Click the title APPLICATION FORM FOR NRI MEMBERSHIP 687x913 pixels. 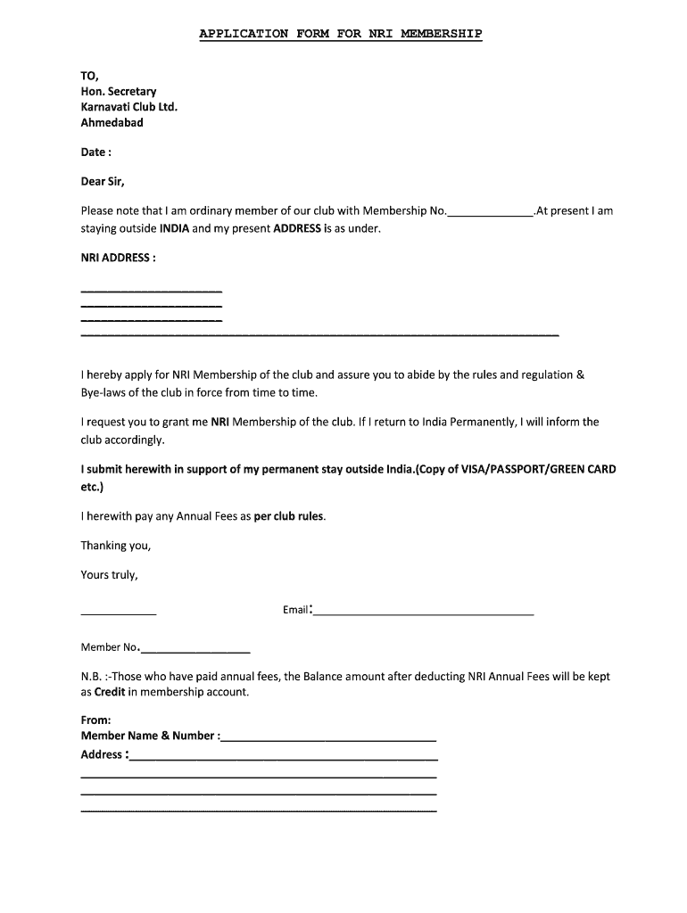tap(340, 34)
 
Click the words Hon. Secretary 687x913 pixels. tap(119, 91)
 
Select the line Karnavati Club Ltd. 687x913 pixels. tap(129, 107)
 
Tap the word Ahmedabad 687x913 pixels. tap(112, 123)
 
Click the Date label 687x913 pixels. tap(95, 152)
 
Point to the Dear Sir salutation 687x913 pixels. tap(103, 182)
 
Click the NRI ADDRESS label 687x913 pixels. tap(119, 258)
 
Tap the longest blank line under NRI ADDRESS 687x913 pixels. tap(319, 334)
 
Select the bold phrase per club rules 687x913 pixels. tap(289, 516)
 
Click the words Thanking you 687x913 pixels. tap(116, 546)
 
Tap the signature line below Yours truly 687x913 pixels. tap(119, 614)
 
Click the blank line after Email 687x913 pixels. tap(423, 614)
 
